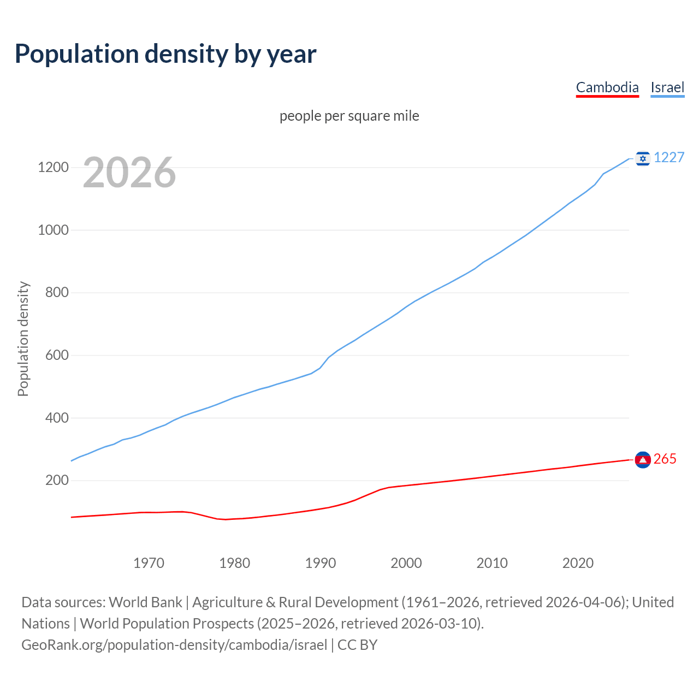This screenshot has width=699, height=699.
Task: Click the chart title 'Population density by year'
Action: pyautogui.click(x=165, y=54)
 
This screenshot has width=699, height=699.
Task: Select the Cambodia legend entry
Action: pyautogui.click(x=607, y=87)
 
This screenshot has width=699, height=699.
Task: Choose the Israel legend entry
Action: pyautogui.click(x=667, y=87)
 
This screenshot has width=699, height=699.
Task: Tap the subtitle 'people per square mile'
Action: pyautogui.click(x=349, y=116)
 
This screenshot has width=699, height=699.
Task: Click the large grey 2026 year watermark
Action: pyautogui.click(x=129, y=173)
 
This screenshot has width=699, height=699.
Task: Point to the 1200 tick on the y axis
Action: pyautogui.click(x=53, y=167)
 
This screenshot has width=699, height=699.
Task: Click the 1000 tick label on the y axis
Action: pyautogui.click(x=53, y=230)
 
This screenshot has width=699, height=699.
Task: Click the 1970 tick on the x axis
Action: pyautogui.click(x=149, y=563)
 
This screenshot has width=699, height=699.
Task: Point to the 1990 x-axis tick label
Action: pyautogui.click(x=321, y=563)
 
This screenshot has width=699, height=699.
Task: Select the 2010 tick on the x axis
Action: pyautogui.click(x=492, y=563)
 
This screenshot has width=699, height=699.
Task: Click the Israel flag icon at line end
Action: pyautogui.click(x=643, y=158)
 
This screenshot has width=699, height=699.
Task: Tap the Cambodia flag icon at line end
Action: pyautogui.click(x=643, y=460)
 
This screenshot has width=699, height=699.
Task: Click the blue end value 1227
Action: pyautogui.click(x=669, y=157)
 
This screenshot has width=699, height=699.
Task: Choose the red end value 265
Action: pyautogui.click(x=665, y=459)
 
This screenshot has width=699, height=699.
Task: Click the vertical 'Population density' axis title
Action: pyautogui.click(x=23, y=339)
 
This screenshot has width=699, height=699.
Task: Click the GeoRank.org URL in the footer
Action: pyautogui.click(x=174, y=645)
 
